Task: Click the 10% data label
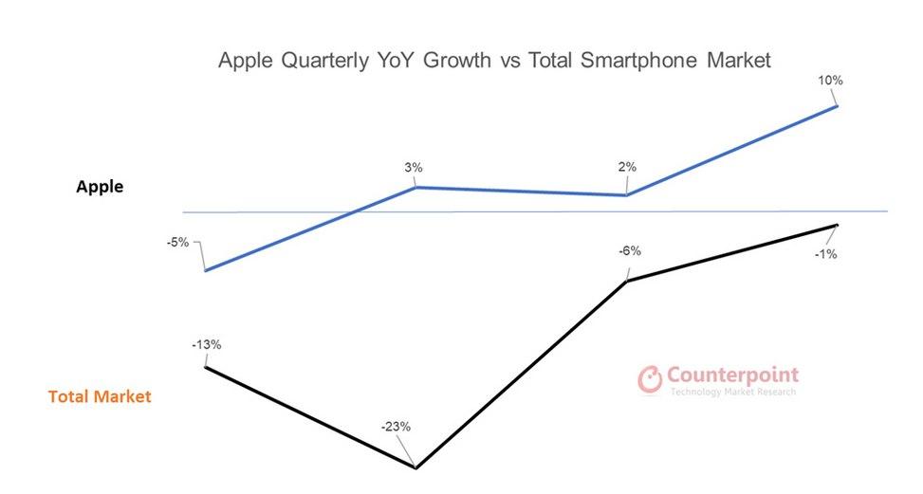point(830,81)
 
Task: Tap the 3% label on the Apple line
point(413,168)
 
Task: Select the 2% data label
point(627,168)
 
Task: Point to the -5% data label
point(177,242)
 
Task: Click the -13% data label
point(206,344)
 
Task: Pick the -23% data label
point(396,427)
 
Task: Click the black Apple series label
point(100,187)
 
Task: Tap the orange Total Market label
point(100,396)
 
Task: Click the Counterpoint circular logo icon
point(650,379)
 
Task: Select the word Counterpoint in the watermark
point(733,375)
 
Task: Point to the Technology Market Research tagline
point(732,392)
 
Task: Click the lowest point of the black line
point(415,467)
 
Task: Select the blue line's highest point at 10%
point(837,105)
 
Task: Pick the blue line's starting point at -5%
point(206,270)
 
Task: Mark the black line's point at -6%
point(627,281)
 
